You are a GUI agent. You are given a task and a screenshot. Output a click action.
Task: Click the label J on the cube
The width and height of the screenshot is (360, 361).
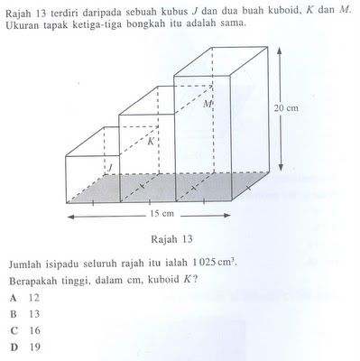109,168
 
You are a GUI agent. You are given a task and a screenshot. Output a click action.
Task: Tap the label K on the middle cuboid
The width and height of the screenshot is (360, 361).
152,142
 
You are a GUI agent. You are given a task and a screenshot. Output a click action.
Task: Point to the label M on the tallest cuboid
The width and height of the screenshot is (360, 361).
207,106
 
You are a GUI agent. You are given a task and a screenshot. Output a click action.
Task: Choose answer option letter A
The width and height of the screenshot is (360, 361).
14,297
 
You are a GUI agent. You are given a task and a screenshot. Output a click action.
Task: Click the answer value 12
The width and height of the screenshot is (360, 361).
34,297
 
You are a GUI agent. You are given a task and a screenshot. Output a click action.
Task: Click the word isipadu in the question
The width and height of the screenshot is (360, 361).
69,264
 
